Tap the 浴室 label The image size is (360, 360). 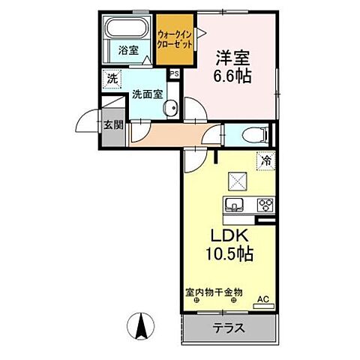coord(128,52)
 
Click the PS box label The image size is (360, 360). coord(174,74)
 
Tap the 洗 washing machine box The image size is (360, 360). coord(111,78)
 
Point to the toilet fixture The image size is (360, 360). coord(255,136)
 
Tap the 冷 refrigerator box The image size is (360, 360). coord(265,160)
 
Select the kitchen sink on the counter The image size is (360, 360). coord(233,205)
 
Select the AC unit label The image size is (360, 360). coord(262,298)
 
